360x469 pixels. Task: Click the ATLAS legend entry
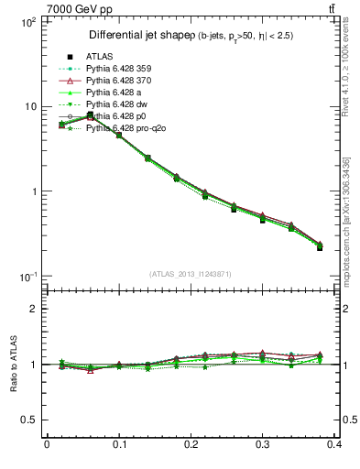click(101, 57)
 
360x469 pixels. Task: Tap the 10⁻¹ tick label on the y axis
click(27, 277)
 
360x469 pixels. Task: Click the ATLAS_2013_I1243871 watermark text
click(191, 274)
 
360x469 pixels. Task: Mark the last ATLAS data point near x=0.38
click(320, 247)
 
